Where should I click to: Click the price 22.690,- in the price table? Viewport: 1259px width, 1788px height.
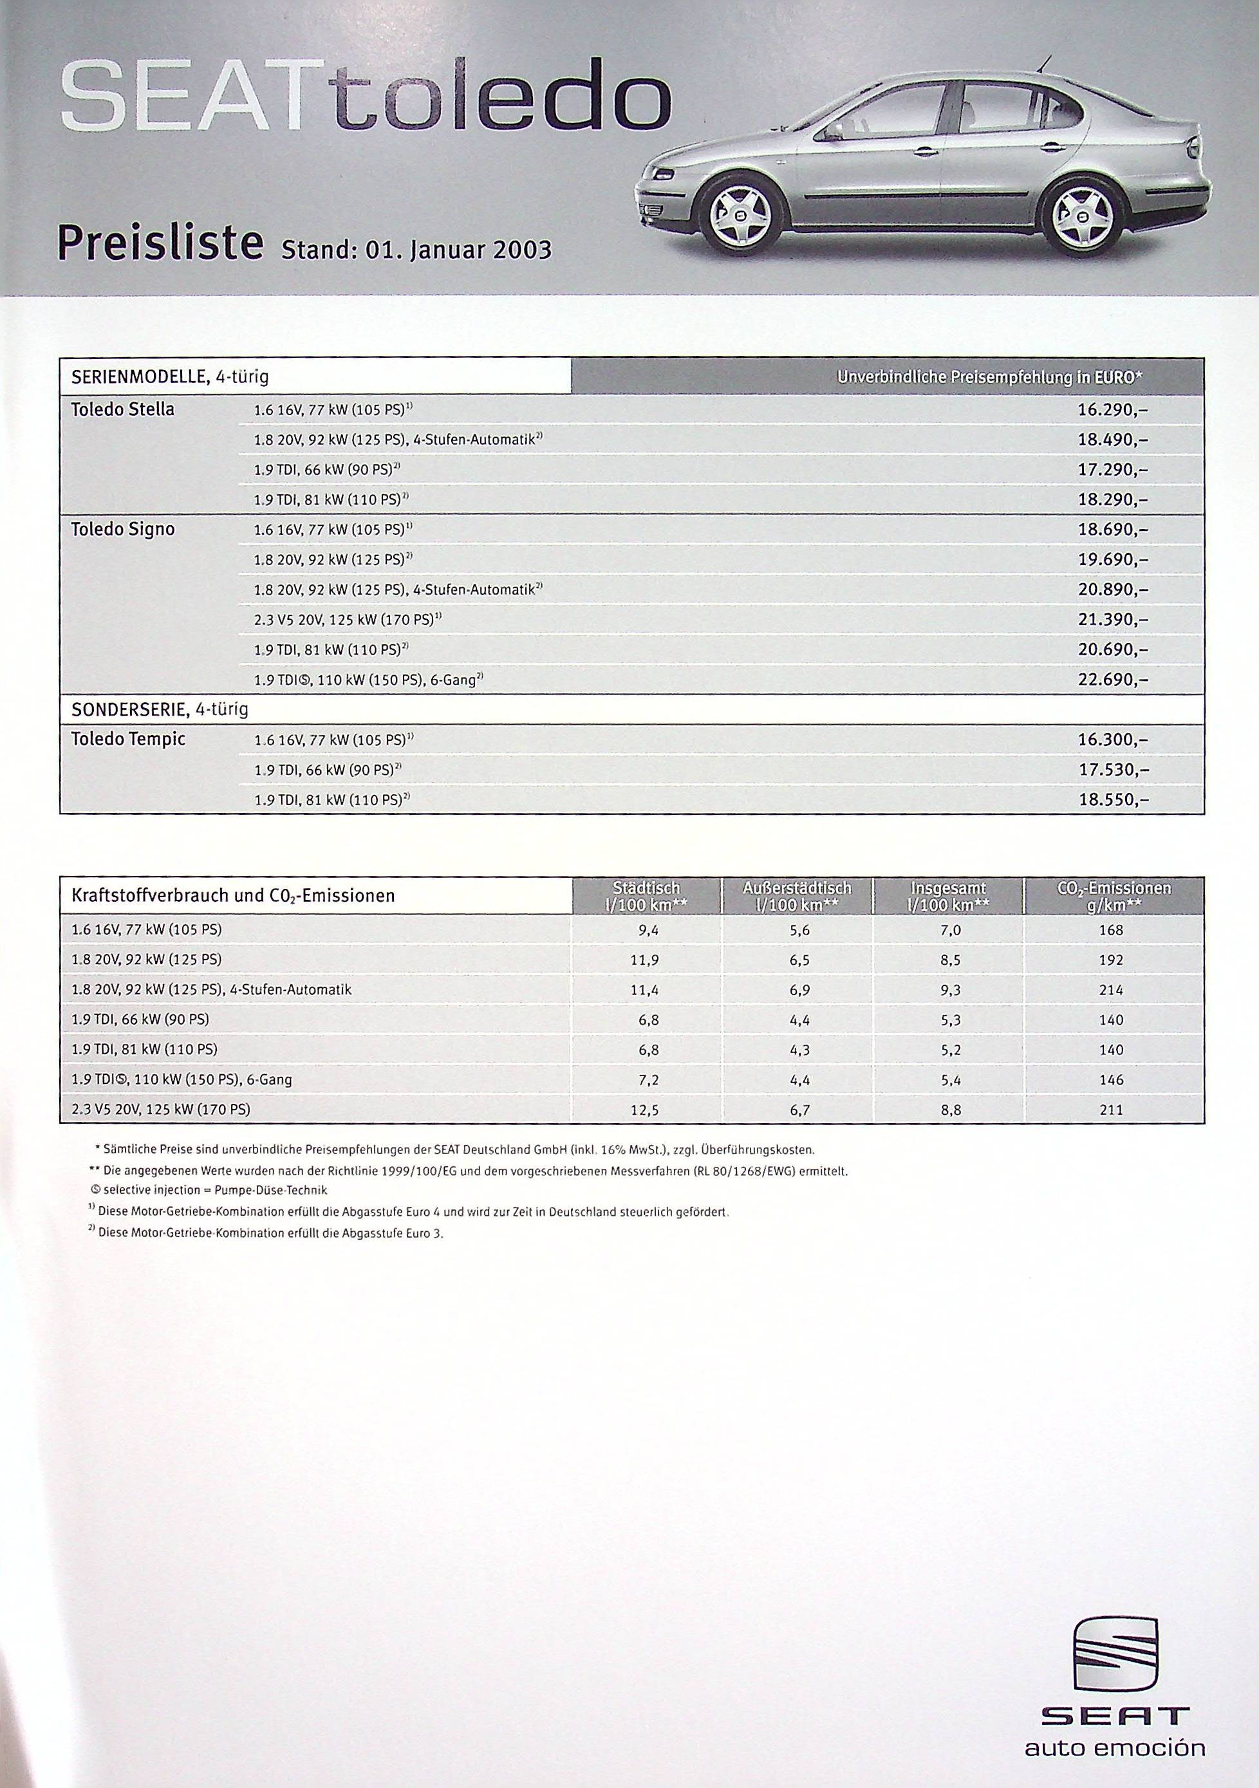(x=1112, y=680)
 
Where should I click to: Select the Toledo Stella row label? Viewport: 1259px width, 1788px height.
(x=122, y=409)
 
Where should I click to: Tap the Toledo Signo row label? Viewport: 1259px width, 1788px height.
(x=122, y=530)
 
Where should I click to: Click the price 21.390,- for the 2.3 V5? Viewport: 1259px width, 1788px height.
(x=1112, y=620)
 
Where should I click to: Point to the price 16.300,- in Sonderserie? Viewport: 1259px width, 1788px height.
(x=1112, y=740)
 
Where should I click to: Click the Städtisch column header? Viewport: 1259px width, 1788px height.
(x=646, y=895)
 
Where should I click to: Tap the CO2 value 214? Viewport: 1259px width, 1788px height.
(x=1111, y=990)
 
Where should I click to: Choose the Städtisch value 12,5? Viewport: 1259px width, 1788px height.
(x=646, y=1110)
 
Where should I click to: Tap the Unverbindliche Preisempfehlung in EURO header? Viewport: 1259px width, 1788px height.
(x=989, y=378)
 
